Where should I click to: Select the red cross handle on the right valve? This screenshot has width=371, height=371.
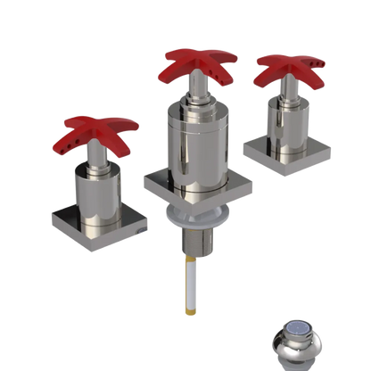pyautogui.click(x=288, y=70)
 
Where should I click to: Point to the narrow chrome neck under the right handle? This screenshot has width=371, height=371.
pyautogui.click(x=287, y=91)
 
